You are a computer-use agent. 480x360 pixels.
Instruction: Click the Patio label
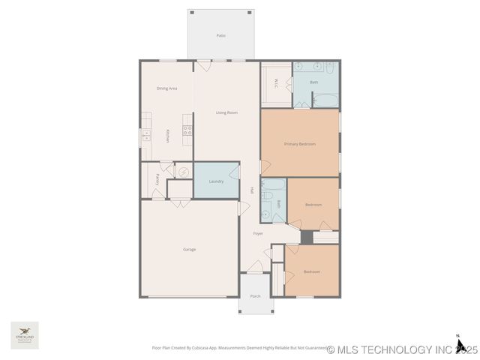point(221,35)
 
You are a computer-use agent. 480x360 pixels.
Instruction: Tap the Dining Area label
point(166,88)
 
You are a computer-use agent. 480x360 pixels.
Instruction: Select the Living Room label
point(226,112)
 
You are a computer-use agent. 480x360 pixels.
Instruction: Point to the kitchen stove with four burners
point(187,130)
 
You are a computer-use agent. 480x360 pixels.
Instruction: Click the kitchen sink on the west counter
point(146,136)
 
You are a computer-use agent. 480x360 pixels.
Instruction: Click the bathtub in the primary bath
point(325,100)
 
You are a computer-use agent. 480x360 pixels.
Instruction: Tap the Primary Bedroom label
point(299,143)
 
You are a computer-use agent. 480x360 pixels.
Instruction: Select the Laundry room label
point(217,181)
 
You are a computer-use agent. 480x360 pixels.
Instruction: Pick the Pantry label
point(157,179)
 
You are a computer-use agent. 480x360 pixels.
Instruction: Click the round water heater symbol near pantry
point(181,171)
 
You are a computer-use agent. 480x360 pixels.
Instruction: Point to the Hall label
point(252,190)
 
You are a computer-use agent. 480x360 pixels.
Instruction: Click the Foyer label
point(257,233)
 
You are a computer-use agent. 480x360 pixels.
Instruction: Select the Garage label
point(190,249)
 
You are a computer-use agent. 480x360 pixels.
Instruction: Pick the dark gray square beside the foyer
point(306,237)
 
